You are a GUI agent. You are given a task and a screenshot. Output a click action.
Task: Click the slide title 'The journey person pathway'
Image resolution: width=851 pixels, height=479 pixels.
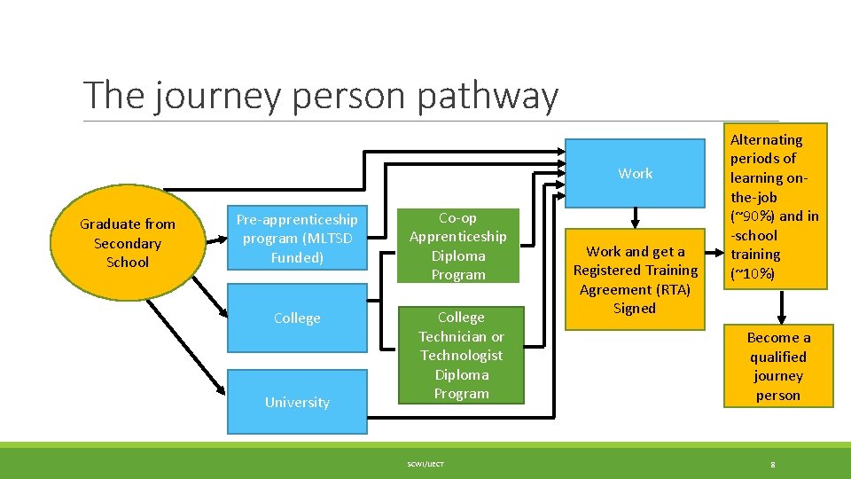pyautogui.click(x=320, y=96)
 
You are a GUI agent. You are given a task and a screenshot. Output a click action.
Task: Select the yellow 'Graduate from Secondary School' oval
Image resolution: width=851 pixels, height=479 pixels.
pyautogui.click(x=128, y=242)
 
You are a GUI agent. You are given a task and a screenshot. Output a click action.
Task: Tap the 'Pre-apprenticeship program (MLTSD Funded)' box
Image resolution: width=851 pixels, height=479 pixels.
pyautogui.click(x=297, y=239)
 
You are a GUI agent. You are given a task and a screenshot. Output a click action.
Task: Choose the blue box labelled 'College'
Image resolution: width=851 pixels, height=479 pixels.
pyautogui.click(x=297, y=318)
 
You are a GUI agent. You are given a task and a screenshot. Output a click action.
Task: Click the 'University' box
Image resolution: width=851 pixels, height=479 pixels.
pyautogui.click(x=297, y=402)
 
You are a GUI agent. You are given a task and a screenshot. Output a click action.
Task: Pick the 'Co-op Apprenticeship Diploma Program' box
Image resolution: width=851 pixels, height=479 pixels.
pyautogui.click(x=457, y=246)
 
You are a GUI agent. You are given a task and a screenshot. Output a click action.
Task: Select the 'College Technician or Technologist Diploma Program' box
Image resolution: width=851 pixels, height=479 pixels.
pyautogui.click(x=461, y=355)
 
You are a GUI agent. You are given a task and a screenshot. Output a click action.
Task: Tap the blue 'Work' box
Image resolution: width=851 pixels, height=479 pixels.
pyautogui.click(x=635, y=173)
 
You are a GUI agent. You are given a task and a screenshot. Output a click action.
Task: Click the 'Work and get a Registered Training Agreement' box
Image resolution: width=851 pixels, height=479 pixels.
pyautogui.click(x=635, y=279)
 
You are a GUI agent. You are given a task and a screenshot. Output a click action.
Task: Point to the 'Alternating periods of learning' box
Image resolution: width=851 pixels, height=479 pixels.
pyautogui.click(x=777, y=206)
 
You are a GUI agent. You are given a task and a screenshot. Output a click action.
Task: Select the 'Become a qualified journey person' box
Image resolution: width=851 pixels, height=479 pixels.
pyautogui.click(x=777, y=366)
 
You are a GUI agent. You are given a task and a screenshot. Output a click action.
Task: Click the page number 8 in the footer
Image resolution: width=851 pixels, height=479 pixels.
pyautogui.click(x=773, y=464)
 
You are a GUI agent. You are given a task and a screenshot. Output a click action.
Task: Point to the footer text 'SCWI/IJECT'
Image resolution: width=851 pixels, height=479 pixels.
pyautogui.click(x=426, y=464)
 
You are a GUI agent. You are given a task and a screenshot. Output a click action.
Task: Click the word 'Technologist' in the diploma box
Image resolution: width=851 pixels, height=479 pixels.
pyautogui.click(x=461, y=355)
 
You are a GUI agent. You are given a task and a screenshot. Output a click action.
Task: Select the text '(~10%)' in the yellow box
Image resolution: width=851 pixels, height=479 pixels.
pyautogui.click(x=752, y=274)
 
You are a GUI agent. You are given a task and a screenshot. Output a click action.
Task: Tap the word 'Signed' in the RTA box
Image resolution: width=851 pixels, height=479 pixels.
pyautogui.click(x=635, y=309)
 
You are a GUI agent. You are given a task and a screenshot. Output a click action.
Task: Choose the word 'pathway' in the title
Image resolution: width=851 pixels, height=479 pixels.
pyautogui.click(x=488, y=96)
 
